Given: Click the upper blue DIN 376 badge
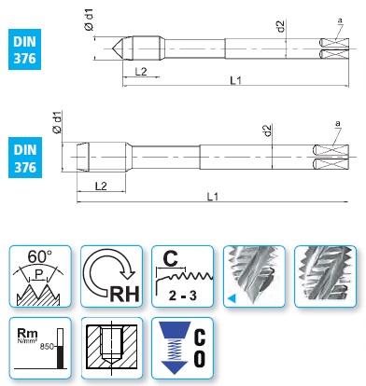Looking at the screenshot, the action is click(x=24, y=49).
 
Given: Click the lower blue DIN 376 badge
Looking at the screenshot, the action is click(x=25, y=158).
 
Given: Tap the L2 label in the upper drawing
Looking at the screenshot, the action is click(x=141, y=72).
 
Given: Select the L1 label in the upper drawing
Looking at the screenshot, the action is click(x=235, y=81).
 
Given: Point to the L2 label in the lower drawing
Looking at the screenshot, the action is click(x=101, y=186).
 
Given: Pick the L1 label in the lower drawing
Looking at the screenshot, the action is click(x=213, y=197).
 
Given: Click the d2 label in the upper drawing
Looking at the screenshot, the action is click(x=281, y=26).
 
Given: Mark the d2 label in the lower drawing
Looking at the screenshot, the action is click(x=267, y=131).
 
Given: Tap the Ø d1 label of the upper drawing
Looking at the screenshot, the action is click(x=89, y=20).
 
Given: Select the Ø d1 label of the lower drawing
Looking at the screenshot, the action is click(x=58, y=122).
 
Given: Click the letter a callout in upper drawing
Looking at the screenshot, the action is click(x=340, y=21).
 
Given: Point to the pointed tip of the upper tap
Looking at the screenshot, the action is click(x=112, y=48).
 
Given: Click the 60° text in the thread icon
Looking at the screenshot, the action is click(x=39, y=256).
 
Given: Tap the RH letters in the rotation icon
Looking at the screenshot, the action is click(x=125, y=294).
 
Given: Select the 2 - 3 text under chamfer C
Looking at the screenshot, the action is click(x=183, y=296).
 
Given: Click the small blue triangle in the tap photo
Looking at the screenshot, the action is click(x=232, y=298).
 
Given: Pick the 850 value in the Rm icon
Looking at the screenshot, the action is click(x=48, y=347).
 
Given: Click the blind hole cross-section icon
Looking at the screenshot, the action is click(x=111, y=348).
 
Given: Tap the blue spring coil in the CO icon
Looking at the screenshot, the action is click(x=175, y=350).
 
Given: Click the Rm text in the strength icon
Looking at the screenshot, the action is click(x=27, y=334).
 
